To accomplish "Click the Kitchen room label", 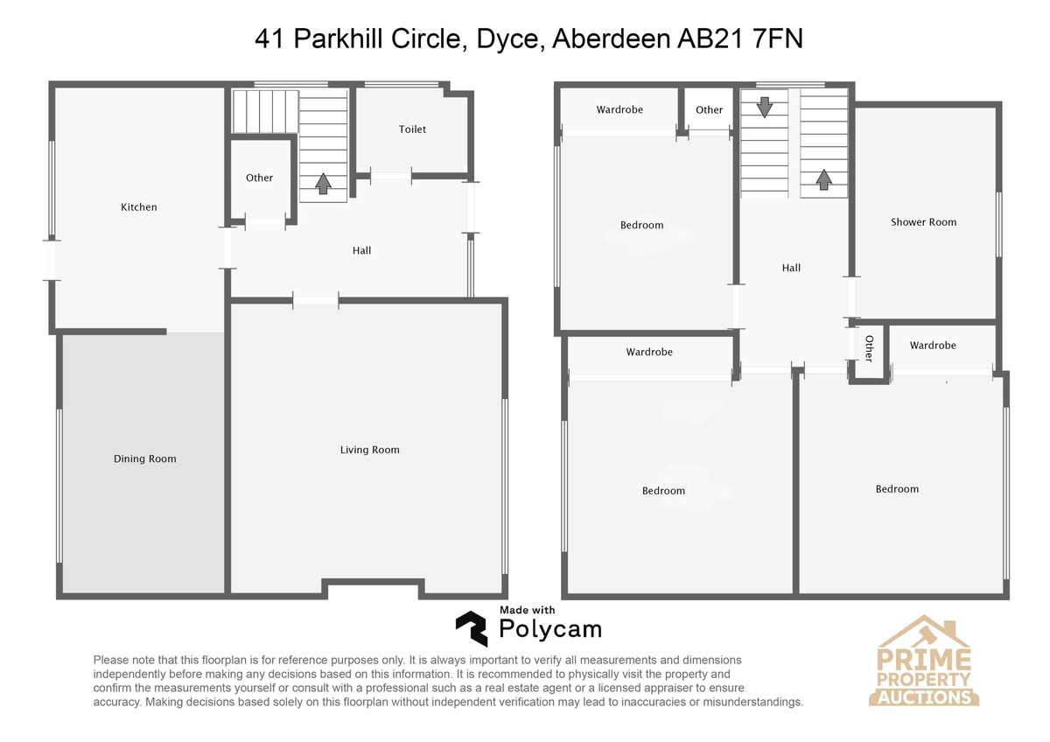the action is pos(139,206).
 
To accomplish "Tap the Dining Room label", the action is pos(145,458).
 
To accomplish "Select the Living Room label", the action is pos(370,450).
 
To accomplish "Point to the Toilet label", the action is pos(412,129).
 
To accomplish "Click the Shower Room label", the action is pos(923,221).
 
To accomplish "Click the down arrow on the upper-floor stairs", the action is pos(765,108).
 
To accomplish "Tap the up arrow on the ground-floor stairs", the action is pos(323,183).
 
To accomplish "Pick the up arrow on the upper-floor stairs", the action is pos(823,179).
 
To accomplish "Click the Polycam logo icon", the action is pos(472,628).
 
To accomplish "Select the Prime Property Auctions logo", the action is pos(923,661).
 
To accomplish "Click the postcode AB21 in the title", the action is pos(710,38).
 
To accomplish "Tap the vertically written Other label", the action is pos(869,349).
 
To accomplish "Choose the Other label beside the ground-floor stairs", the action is pos(259,178).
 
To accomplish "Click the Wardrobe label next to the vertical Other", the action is pos(933,346).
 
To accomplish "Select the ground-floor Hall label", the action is pos(361,250).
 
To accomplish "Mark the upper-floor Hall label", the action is pos(791,268).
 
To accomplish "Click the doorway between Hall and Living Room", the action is pos(316,300).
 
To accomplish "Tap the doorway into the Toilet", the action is pos(391,176).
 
